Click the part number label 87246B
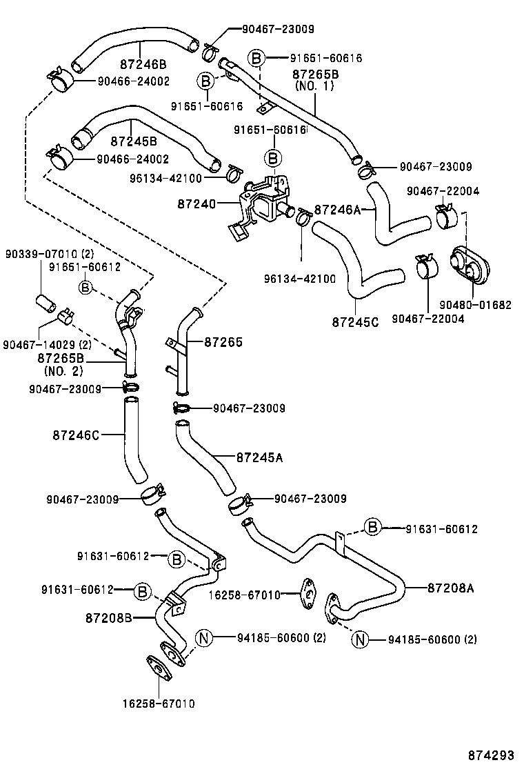pyautogui.click(x=142, y=64)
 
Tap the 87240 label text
pyautogui.click(x=196, y=204)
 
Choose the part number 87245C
pyautogui.click(x=355, y=322)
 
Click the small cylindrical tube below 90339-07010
pyautogui.click(x=45, y=302)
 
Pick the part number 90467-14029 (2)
pyautogui.click(x=47, y=344)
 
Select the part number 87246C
pyautogui.click(x=76, y=435)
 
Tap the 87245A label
pyautogui.click(x=260, y=457)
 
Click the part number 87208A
pyautogui.click(x=451, y=588)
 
